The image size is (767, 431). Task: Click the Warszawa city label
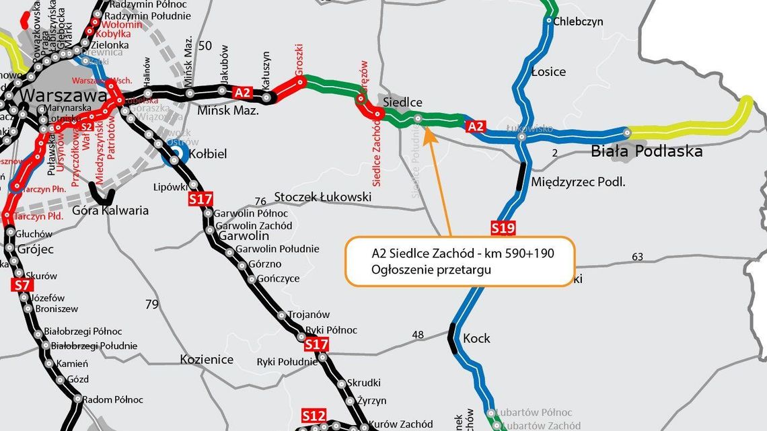[63, 96]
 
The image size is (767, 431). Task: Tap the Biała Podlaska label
[646, 151]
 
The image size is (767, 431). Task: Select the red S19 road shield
[503, 228]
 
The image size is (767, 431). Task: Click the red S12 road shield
[314, 414]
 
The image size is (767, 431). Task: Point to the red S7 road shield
[21, 285]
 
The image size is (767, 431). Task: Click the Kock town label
[476, 338]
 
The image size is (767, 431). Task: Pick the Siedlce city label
[402, 102]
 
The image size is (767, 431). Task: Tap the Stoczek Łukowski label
[323, 197]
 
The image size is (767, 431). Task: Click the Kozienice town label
[207, 360]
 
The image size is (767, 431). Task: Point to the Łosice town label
[548, 72]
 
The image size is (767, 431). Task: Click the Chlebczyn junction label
[578, 22]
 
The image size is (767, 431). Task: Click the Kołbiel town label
[209, 154]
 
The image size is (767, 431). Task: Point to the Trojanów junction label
[308, 314]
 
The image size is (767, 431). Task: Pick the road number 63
[638, 256]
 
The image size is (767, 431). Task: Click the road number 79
[152, 305]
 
